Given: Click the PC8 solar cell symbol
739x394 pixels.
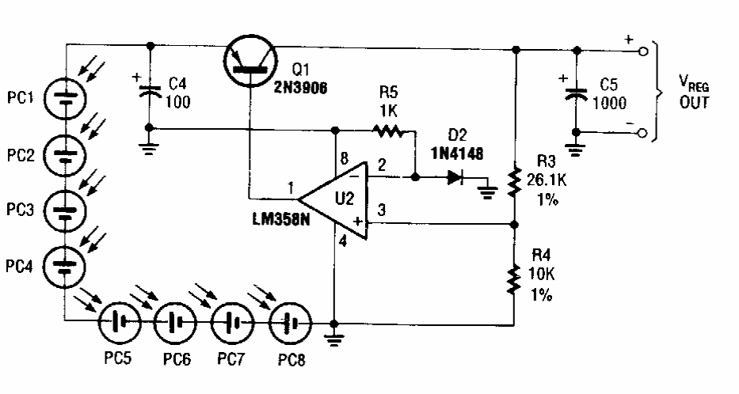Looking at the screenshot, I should tap(288, 323).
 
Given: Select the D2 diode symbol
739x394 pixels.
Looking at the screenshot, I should tap(454, 178).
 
